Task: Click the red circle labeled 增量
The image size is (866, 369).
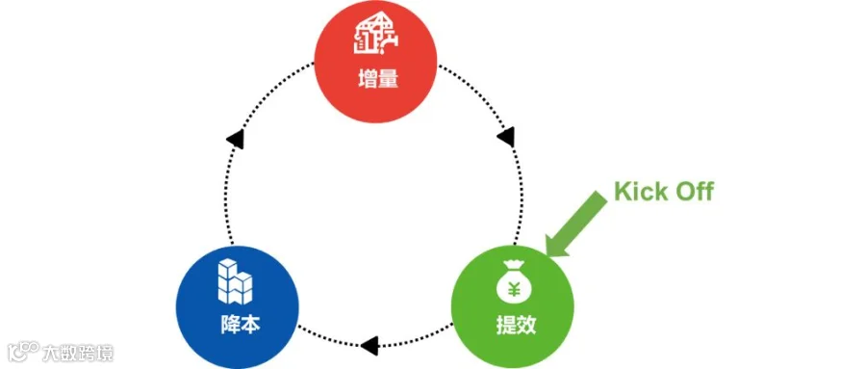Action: tap(375, 61)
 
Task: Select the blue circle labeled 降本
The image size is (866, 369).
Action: tap(238, 307)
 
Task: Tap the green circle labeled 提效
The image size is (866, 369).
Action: tap(513, 307)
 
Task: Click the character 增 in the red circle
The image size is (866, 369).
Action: tap(368, 81)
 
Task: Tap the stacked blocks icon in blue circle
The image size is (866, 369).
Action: tap(235, 281)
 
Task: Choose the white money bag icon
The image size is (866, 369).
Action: tap(514, 281)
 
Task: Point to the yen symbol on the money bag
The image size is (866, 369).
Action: tap(514, 289)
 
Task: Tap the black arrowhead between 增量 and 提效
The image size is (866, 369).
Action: tap(507, 137)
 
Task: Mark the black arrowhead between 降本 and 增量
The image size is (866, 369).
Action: tap(236, 138)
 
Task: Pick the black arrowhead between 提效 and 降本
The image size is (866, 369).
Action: tap(369, 345)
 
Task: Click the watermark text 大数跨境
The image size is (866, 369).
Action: tap(78, 353)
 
